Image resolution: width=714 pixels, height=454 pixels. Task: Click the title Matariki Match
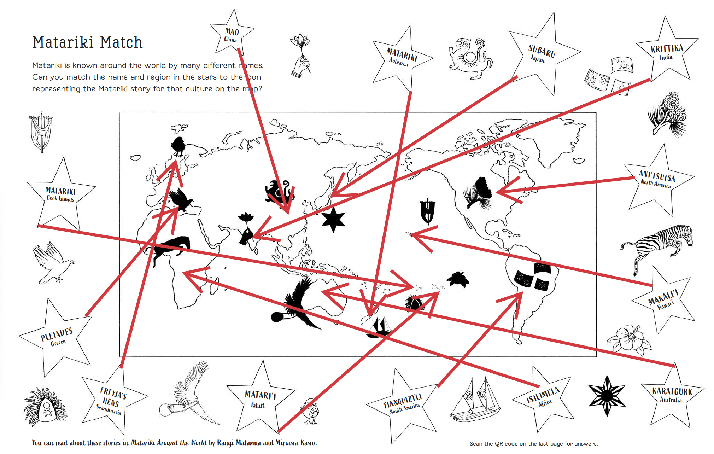pos(87,42)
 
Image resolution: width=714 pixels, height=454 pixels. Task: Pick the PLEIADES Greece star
pos(57,337)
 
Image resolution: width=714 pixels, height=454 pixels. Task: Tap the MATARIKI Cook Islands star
pos(61,194)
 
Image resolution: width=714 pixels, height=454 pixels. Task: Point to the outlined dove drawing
pos(53,263)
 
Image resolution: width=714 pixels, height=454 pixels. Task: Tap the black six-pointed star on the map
pos(333,219)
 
